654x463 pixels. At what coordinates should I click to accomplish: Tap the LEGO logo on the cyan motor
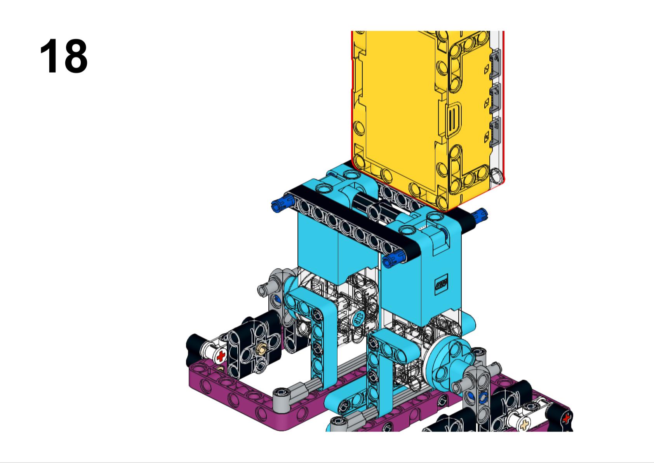pyautogui.click(x=443, y=282)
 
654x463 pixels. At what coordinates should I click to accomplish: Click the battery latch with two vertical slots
pyautogui.click(x=452, y=118)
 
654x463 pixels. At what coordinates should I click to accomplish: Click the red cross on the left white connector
pyautogui.click(x=221, y=356)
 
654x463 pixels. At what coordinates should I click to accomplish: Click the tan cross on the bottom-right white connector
pyautogui.click(x=525, y=425)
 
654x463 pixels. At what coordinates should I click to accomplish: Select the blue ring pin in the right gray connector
pyautogui.click(x=484, y=397)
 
